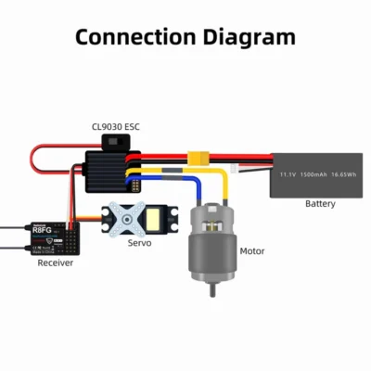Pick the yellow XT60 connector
[x=198, y=159]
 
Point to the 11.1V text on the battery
[x=288, y=173]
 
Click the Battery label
[x=320, y=204]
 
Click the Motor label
[x=252, y=251]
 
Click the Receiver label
[x=55, y=263]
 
